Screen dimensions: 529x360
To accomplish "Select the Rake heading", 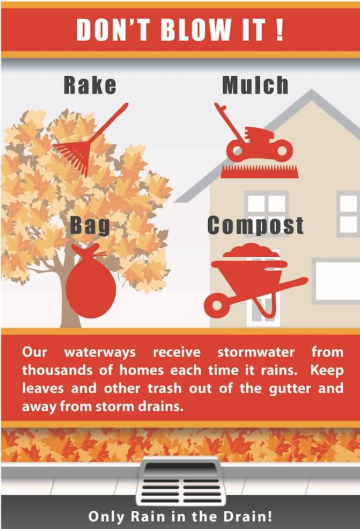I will pyautogui.click(x=90, y=85).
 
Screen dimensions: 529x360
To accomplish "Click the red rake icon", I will pyautogui.click(x=86, y=142).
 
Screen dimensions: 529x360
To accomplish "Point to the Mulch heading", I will pyautogui.click(x=255, y=85).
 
